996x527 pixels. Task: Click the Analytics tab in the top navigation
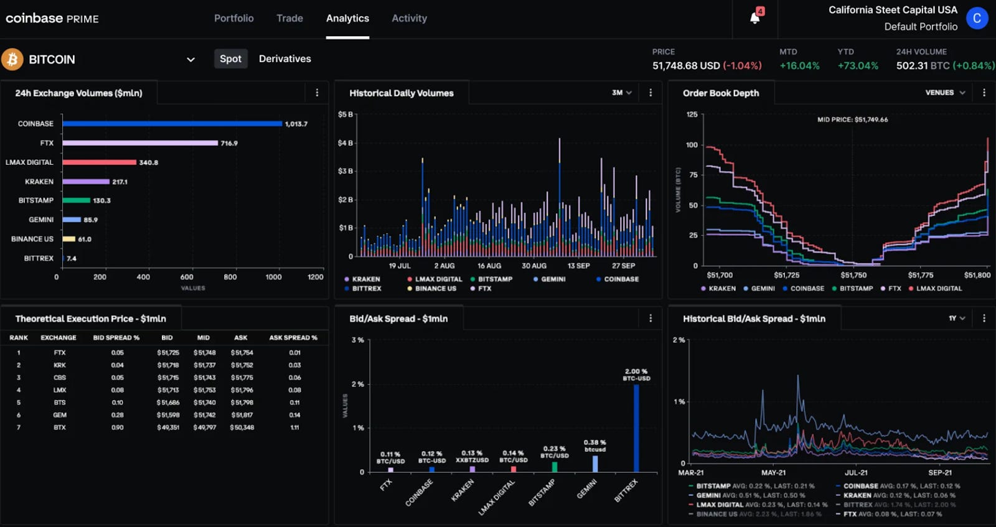pyautogui.click(x=347, y=19)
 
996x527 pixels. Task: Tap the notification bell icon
pyautogui.click(x=754, y=17)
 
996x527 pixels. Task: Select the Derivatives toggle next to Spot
pyautogui.click(x=284, y=59)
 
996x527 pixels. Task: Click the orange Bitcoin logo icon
pyautogui.click(x=12, y=60)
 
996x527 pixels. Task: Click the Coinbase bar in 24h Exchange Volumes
pyautogui.click(x=172, y=124)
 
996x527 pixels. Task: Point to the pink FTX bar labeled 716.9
pyautogui.click(x=140, y=143)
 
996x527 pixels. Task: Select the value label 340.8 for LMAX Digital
pyautogui.click(x=148, y=162)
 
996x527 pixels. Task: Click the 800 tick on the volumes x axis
pyautogui.click(x=230, y=277)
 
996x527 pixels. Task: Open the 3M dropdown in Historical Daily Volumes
pyautogui.click(x=621, y=93)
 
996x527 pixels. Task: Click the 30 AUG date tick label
pyautogui.click(x=533, y=266)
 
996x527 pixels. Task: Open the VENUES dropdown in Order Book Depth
pyautogui.click(x=945, y=93)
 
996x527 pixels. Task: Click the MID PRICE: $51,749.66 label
pyautogui.click(x=852, y=119)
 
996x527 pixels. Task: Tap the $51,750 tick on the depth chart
pyautogui.click(x=853, y=275)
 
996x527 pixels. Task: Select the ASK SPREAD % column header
pyautogui.click(x=293, y=338)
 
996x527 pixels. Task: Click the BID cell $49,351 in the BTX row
pyautogui.click(x=168, y=427)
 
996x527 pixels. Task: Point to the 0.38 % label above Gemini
pyautogui.click(x=594, y=442)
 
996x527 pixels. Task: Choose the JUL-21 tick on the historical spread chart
pyautogui.click(x=856, y=473)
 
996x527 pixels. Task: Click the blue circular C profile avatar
pyautogui.click(x=977, y=18)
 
